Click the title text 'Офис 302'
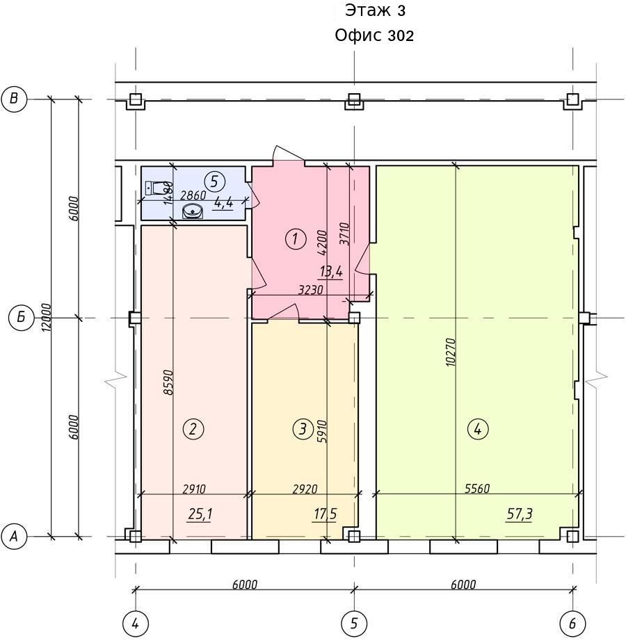(374, 35)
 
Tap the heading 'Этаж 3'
(376, 10)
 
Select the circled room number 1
(296, 238)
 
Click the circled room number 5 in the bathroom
(215, 181)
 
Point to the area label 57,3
(520, 514)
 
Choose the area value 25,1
(200, 514)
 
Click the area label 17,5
(325, 514)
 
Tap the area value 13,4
(331, 271)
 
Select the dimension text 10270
(451, 352)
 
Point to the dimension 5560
(477, 489)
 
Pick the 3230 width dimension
(311, 290)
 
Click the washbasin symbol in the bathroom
(192, 211)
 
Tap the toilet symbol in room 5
(155, 188)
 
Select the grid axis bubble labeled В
(14, 99)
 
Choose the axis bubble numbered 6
(572, 624)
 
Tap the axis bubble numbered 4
(136, 624)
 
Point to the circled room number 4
(477, 429)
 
